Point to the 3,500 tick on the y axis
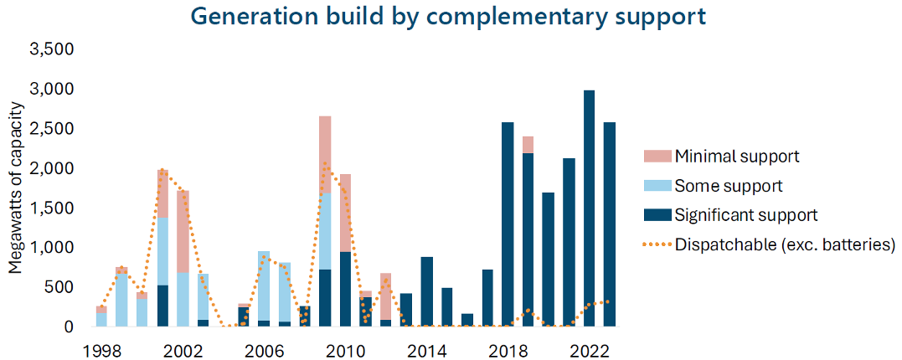(53, 49)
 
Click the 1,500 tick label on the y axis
(53, 208)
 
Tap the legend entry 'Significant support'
(745, 215)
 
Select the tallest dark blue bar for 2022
(590, 209)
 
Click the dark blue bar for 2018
(508, 225)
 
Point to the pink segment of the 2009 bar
(325, 155)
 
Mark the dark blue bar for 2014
(426, 292)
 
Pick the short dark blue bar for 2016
(467, 321)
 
